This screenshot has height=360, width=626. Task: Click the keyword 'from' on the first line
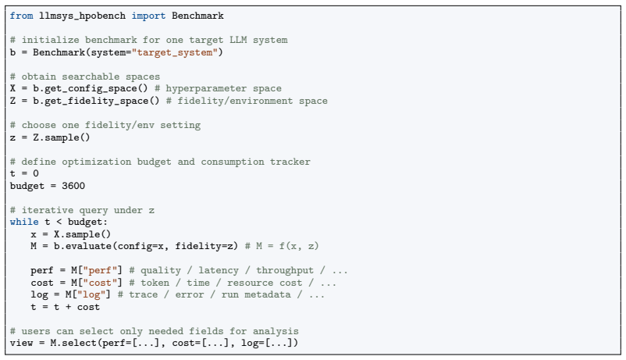coord(22,16)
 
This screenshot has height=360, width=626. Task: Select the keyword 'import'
coord(148,16)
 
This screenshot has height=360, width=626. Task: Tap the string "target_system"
coord(175,52)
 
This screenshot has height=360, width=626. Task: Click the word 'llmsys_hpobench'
coord(82,16)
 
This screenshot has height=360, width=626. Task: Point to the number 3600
coord(73,186)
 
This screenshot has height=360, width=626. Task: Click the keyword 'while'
coord(24,222)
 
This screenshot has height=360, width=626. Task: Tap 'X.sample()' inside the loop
coord(82,234)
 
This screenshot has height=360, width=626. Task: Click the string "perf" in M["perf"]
coord(100,270)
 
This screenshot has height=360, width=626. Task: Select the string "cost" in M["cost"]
coord(100,283)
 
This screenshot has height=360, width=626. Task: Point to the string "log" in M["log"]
coord(94,294)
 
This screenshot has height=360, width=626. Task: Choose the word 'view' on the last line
coord(22,343)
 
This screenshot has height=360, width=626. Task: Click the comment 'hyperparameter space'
coord(218,88)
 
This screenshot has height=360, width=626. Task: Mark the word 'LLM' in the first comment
coord(238,40)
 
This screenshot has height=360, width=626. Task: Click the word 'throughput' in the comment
coord(285,270)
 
